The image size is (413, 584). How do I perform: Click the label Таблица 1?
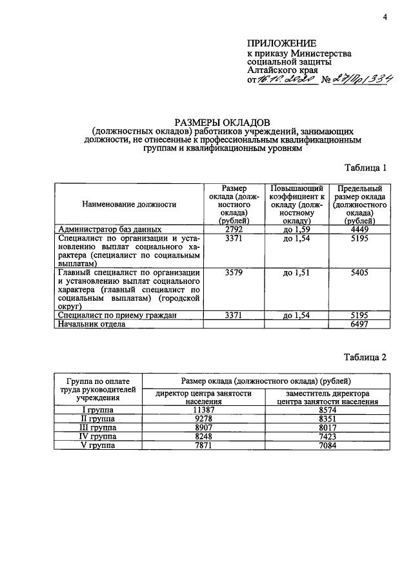(365, 168)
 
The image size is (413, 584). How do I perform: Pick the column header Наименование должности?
(129, 204)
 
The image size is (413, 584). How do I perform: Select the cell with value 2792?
(234, 229)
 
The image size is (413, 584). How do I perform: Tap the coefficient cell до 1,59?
(297, 229)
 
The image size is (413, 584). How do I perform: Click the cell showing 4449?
(359, 229)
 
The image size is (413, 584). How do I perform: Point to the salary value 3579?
(234, 273)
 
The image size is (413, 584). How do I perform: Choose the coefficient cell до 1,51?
(297, 273)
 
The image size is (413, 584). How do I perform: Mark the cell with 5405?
(359, 273)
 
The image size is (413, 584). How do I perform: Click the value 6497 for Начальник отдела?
(359, 325)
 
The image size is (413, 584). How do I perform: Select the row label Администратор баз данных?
(110, 229)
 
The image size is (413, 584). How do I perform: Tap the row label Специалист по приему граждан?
(117, 316)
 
